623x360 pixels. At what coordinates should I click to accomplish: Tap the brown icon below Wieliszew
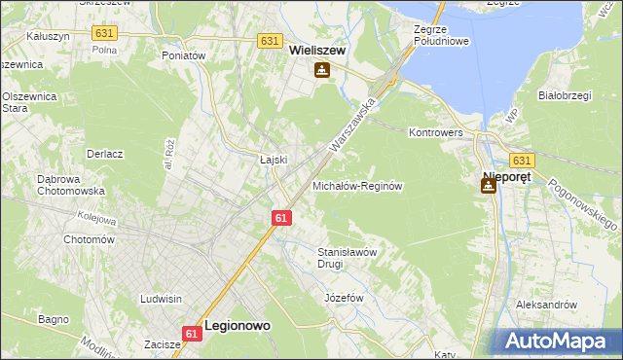321,70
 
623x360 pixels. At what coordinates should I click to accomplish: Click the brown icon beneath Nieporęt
488,185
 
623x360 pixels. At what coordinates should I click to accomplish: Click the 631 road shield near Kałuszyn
104,32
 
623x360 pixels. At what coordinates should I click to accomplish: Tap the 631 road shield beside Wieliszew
272,41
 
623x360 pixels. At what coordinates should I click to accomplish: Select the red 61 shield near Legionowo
192,333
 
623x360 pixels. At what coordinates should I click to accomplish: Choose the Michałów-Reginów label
357,186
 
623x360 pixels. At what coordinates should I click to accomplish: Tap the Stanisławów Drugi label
346,257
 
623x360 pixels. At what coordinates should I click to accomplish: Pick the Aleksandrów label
547,305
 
